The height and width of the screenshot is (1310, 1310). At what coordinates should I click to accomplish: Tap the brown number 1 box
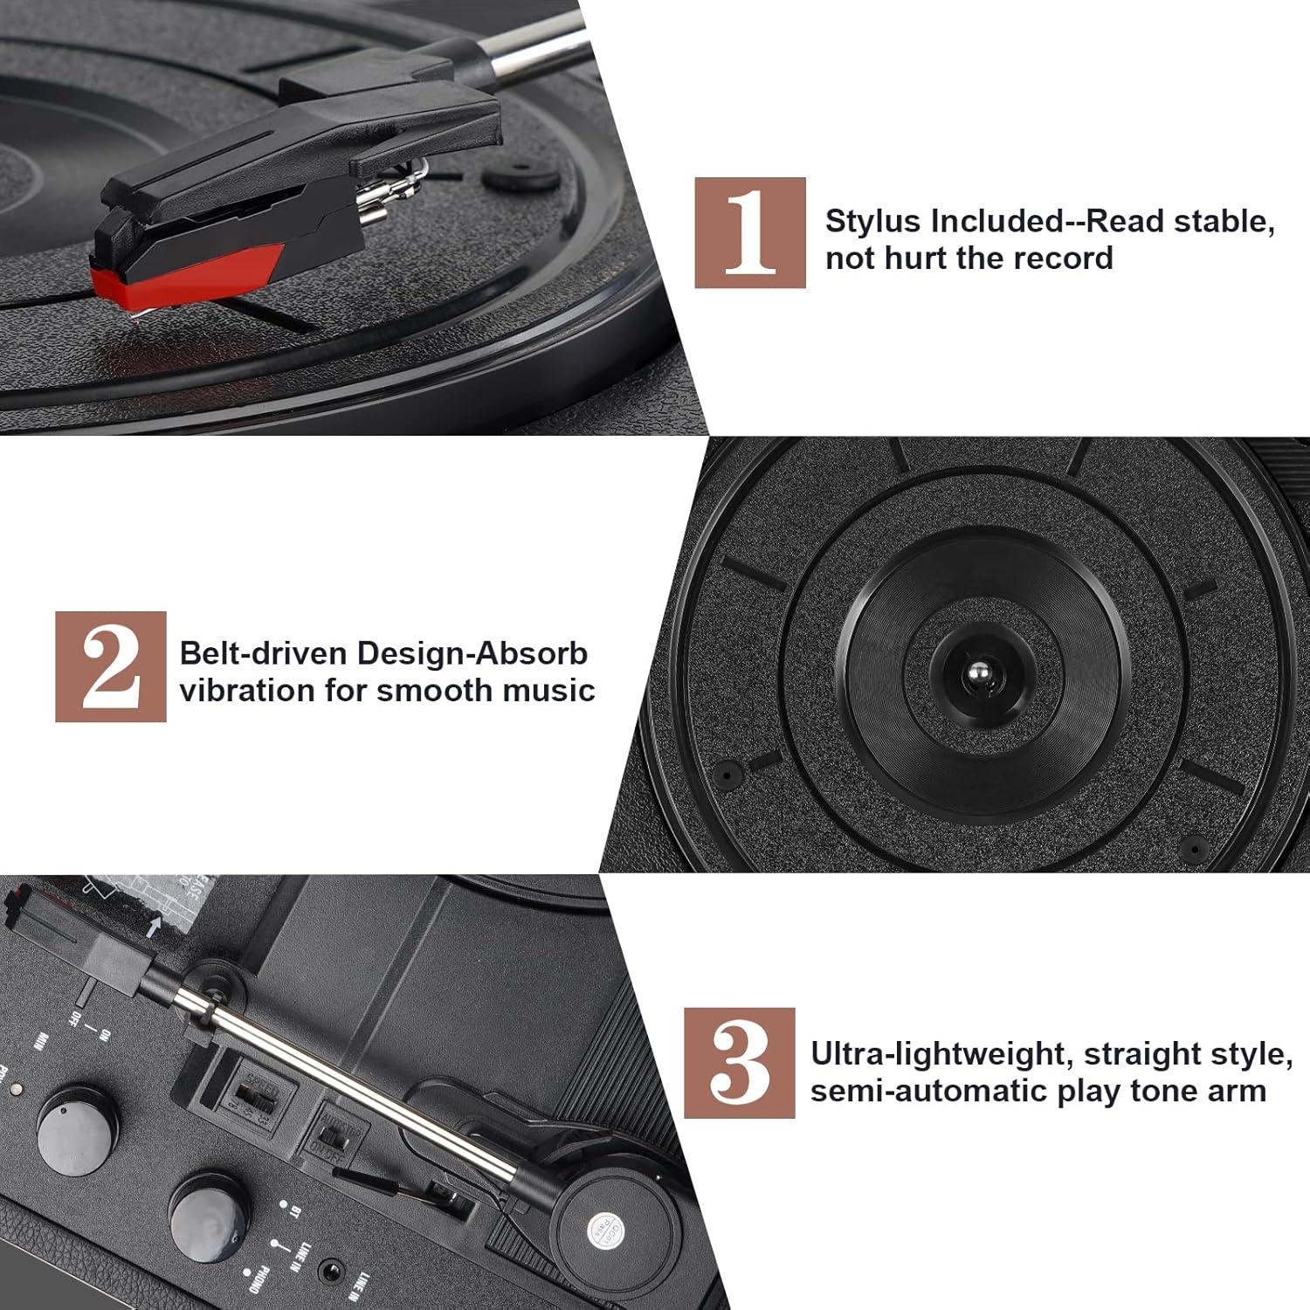750,232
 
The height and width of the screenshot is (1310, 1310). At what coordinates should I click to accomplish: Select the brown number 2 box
111,666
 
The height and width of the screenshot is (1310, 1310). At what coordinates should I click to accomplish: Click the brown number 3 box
739,1062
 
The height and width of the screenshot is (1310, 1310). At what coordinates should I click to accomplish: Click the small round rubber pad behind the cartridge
521,176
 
